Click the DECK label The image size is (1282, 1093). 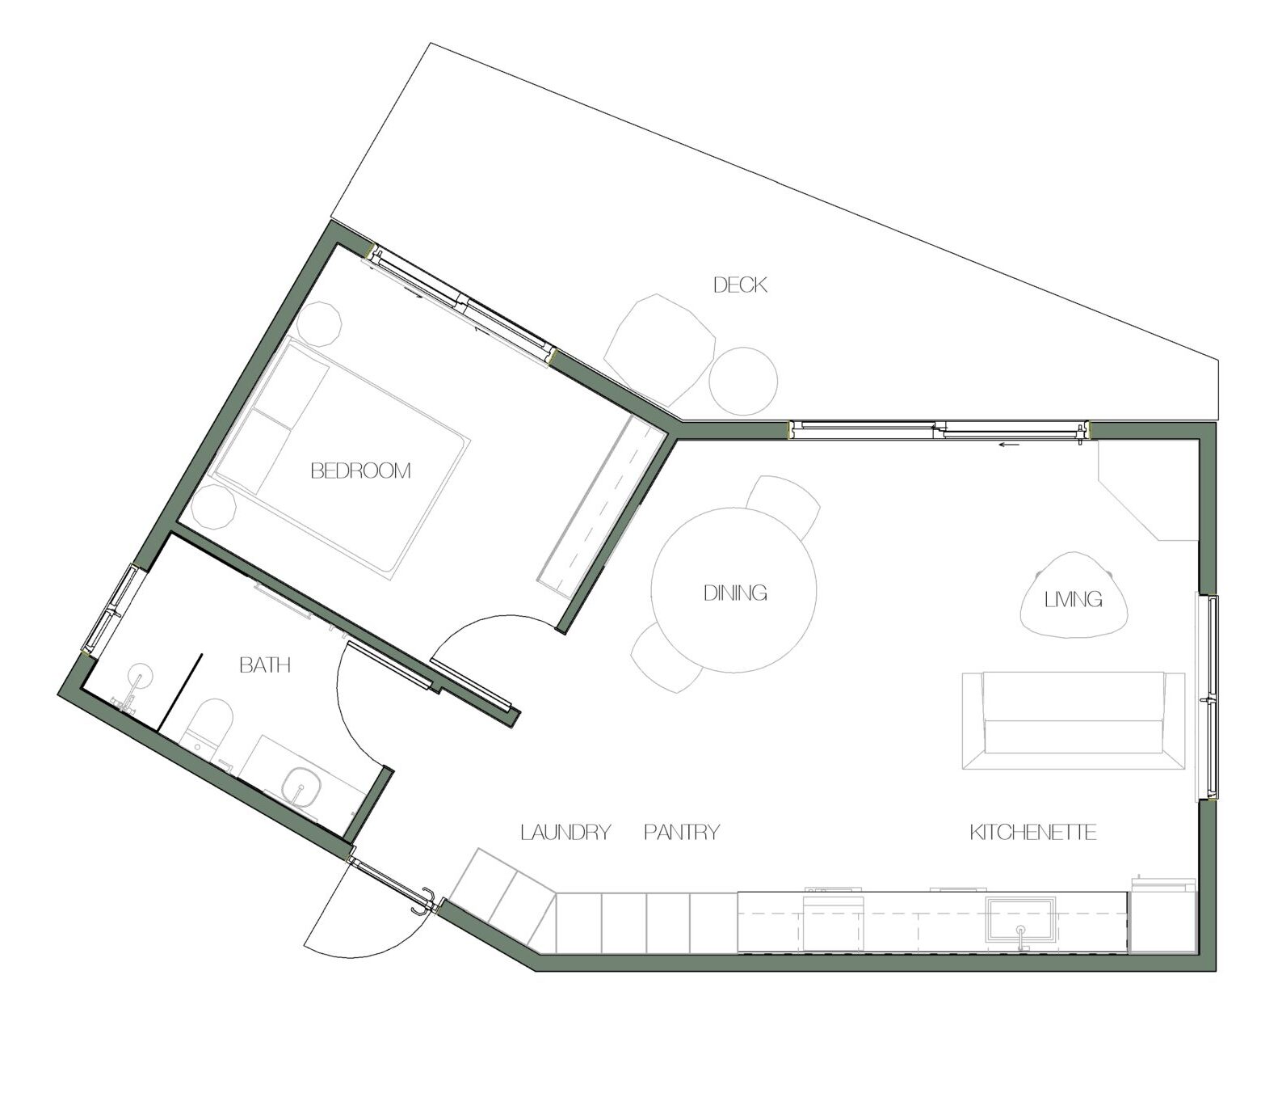[740, 285]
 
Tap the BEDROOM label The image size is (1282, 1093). [361, 471]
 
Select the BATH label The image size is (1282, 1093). [265, 665]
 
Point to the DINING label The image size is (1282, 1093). [735, 593]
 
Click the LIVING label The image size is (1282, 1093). [1074, 599]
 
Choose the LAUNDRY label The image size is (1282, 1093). [565, 832]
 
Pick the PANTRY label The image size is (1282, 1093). [682, 832]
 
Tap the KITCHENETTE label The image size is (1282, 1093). [1033, 832]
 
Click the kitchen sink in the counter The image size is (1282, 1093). [1021, 920]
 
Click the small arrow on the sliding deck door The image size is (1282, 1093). [1007, 444]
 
